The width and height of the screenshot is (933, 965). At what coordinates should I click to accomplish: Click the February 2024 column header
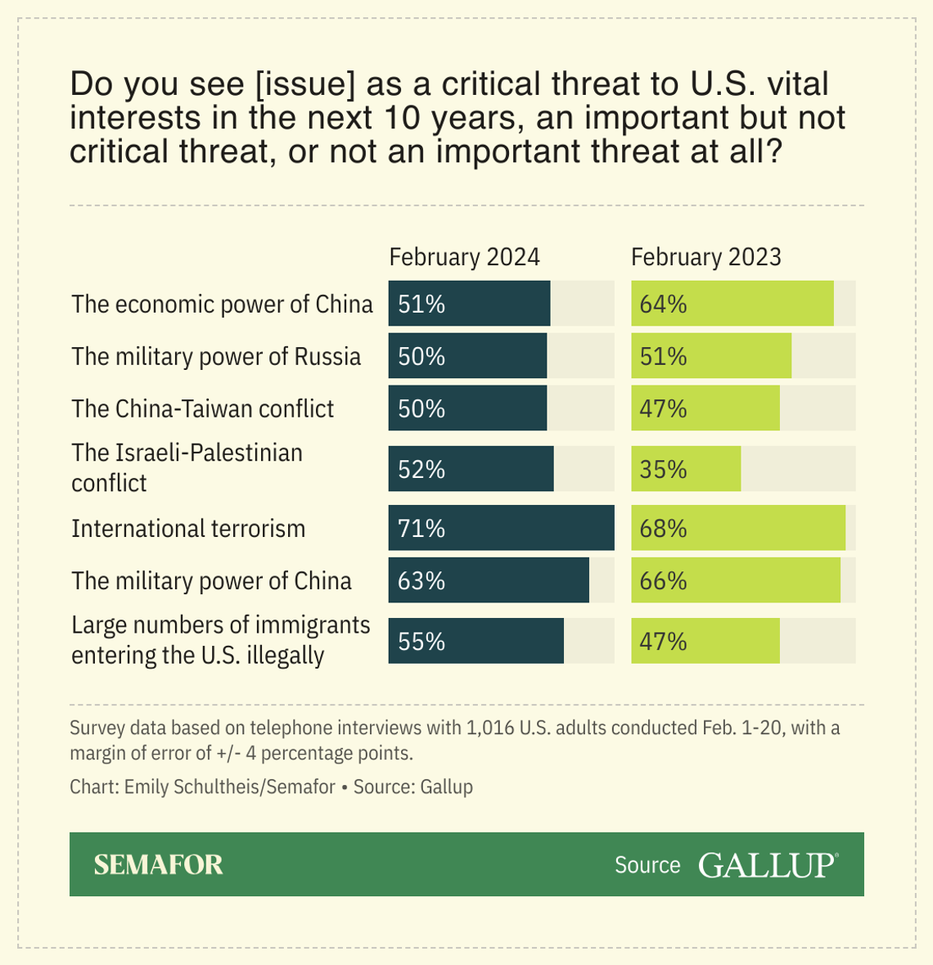pos(464,257)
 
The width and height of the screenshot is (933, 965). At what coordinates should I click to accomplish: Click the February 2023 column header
pos(705,257)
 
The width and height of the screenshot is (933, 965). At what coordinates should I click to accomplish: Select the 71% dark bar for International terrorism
pos(501,528)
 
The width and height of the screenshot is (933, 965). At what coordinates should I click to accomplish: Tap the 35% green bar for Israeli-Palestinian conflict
pos(686,469)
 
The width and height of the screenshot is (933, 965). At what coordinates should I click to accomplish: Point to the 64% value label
pos(663,304)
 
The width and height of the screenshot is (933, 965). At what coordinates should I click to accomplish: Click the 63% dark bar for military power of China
pos(489,580)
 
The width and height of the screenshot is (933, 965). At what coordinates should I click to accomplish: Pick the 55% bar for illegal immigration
pos(476,641)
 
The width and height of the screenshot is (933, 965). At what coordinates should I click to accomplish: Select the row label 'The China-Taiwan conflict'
pos(202,408)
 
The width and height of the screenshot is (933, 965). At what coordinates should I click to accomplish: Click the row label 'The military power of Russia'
pos(216,357)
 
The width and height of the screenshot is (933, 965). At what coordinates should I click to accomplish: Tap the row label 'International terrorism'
pos(188,529)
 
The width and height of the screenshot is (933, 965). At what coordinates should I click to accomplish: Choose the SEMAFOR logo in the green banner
pos(158,864)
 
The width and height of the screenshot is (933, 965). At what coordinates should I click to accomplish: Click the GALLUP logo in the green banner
pos(768,865)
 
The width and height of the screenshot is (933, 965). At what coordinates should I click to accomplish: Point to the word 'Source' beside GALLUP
pos(647,865)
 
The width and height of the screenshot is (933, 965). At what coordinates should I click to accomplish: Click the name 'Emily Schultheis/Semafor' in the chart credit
pos(229,787)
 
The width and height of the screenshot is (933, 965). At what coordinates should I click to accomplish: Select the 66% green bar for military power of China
pos(735,580)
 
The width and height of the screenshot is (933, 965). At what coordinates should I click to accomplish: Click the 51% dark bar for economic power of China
pos(469,304)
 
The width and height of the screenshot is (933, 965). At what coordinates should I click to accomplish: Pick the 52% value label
pos(421,469)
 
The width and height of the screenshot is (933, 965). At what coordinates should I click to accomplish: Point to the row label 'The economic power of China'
pos(222,304)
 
